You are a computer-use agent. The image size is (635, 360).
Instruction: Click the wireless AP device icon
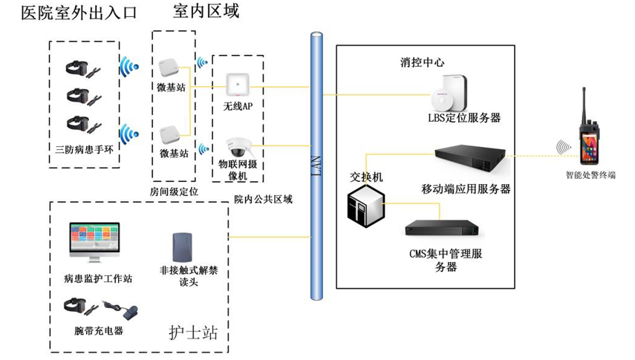pos(238,82)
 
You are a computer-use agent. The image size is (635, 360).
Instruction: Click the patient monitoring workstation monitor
pos(94,241)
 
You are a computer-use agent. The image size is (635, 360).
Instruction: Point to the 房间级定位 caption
pos(174,192)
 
